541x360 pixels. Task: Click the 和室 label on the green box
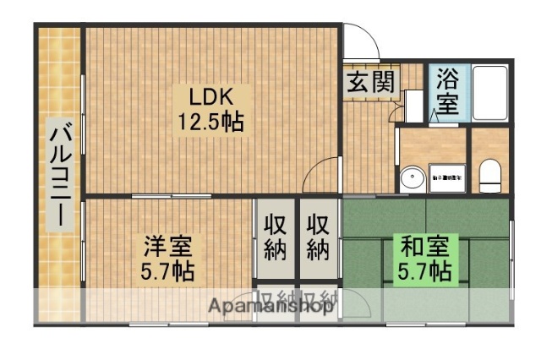(423, 248)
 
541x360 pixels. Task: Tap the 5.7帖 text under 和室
(423, 272)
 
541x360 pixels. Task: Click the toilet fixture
(490, 176)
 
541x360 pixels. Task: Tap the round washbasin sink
(413, 179)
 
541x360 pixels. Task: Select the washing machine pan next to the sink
(445, 177)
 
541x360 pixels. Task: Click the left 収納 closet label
(274, 238)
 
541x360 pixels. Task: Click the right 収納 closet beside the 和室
(318, 238)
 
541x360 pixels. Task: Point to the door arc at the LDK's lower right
(323, 176)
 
